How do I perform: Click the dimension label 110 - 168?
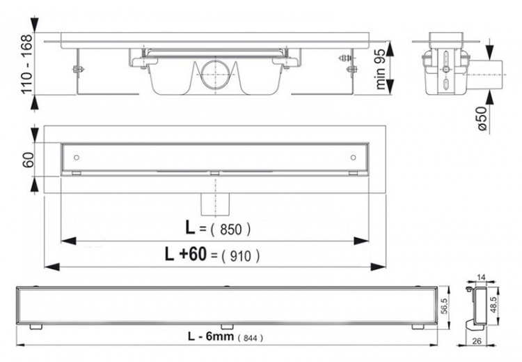click(x=26, y=63)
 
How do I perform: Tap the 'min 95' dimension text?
click(x=381, y=69)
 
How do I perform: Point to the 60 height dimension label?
click(x=29, y=160)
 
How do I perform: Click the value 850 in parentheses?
click(x=230, y=229)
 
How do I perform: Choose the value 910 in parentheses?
click(x=240, y=256)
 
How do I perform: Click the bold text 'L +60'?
click(x=186, y=254)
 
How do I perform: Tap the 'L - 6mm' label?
click(x=211, y=336)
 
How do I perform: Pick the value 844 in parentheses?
click(x=251, y=338)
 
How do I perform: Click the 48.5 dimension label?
click(x=493, y=305)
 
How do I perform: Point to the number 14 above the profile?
click(x=482, y=277)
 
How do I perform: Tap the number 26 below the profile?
click(x=477, y=341)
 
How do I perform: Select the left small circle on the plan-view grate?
click(x=77, y=157)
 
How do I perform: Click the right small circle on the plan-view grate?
click(x=353, y=157)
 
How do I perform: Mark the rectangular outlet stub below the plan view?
click(x=215, y=204)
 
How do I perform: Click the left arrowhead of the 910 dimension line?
click(x=52, y=266)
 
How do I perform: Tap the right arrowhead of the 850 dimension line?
click(x=361, y=241)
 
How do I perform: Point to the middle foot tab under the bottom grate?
click(x=226, y=326)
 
